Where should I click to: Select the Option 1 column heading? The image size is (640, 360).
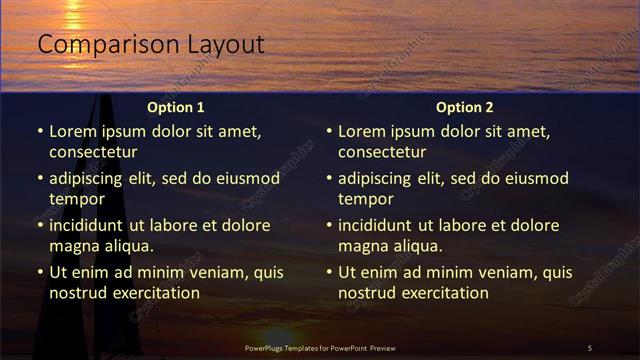175,107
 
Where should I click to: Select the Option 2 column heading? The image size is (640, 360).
464,107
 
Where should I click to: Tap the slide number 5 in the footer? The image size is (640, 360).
589,347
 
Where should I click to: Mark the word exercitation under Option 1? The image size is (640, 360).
154,293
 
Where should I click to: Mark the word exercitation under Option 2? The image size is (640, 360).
443,293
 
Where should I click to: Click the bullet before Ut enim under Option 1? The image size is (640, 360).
40,272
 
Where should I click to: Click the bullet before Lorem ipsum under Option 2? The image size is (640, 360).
329,131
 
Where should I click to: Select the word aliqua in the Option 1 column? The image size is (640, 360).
126,245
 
